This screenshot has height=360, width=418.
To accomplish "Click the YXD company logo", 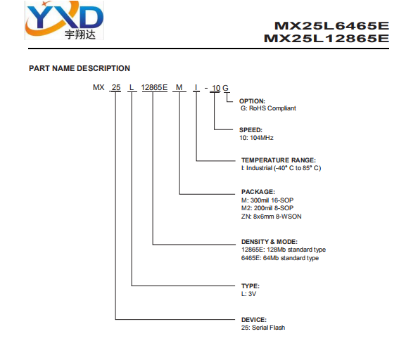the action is click(64, 20).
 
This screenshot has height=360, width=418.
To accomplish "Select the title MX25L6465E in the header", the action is click(331, 26).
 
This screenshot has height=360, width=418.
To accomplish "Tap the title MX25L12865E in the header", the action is click(327, 39).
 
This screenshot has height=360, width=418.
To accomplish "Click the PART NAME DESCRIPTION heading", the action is click(80, 68).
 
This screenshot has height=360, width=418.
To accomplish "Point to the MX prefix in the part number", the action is click(99, 87).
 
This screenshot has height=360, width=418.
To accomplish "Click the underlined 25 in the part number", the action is click(116, 87).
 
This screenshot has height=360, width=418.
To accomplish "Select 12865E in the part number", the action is click(154, 87).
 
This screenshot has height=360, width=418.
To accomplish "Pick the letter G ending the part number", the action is click(225, 88).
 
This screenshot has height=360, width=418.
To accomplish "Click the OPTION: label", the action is click(252, 101).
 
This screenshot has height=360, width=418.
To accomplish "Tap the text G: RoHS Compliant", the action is click(268, 108).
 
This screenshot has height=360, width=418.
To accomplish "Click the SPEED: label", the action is click(251, 130).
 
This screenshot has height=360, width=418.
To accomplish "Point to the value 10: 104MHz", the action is click(256, 138).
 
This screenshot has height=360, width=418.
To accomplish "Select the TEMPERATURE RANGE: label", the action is click(278, 160).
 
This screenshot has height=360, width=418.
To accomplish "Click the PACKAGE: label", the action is click(258, 192).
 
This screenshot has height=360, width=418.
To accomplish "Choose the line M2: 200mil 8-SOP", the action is click(267, 208).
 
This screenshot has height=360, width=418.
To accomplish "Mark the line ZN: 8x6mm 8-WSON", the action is click(272, 217).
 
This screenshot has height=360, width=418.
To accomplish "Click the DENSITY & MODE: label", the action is click(270, 242).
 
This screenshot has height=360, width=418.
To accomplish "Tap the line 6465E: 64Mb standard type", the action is click(280, 258).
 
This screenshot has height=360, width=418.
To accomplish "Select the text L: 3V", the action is click(248, 294).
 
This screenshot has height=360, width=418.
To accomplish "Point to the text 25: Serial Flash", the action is click(263, 328).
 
